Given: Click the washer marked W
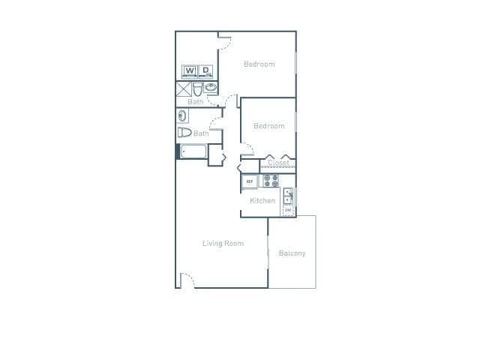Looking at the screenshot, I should (189, 72).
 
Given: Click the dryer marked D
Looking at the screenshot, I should (205, 72).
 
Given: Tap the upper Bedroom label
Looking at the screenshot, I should (259, 64).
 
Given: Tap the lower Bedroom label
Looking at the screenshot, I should (268, 126).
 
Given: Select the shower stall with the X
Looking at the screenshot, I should (183, 88).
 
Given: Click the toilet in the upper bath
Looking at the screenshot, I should (198, 88).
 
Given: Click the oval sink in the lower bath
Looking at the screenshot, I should (182, 116).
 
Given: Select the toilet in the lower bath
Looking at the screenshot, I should (184, 133).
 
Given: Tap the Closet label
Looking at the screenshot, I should (278, 163).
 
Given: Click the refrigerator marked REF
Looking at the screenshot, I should (249, 181).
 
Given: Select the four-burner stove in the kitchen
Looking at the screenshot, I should (271, 181).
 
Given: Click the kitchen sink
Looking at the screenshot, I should (288, 196).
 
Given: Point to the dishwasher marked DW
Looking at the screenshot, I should (288, 210).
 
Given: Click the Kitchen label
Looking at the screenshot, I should (262, 201).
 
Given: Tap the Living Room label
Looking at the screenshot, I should (223, 243).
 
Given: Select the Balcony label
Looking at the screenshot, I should (292, 253).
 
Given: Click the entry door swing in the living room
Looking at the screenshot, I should (187, 279).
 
